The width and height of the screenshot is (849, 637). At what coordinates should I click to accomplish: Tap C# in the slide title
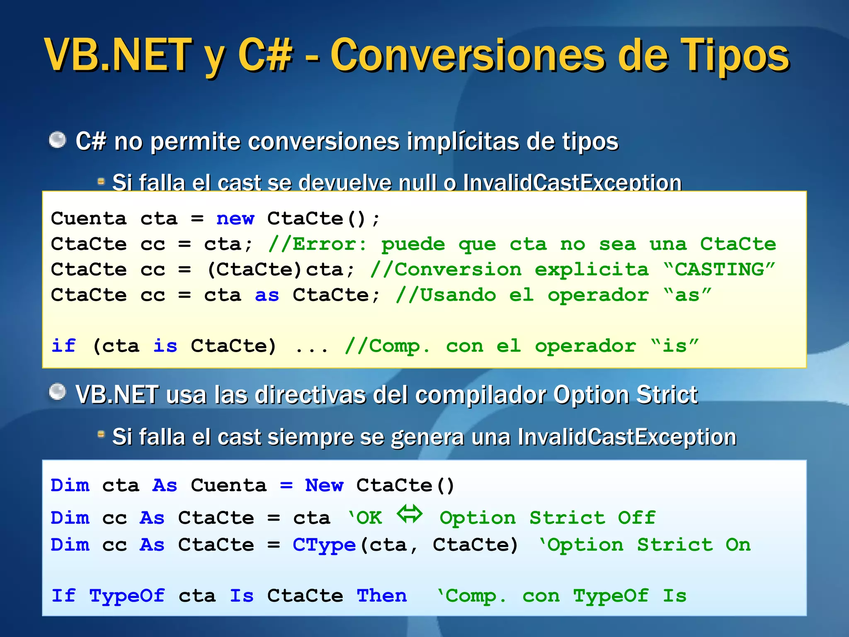[265, 55]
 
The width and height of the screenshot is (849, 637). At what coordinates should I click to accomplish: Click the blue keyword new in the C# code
[235, 219]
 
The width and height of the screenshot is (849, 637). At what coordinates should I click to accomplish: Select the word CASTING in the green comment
[719, 270]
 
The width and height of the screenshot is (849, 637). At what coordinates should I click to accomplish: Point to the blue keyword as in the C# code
[267, 295]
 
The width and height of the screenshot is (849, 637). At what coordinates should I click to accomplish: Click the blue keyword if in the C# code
[63, 346]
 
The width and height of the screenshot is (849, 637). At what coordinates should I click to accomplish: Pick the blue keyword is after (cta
[165, 346]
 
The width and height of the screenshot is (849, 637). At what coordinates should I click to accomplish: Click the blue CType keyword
[324, 545]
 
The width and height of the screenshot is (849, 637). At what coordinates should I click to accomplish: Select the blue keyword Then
[381, 596]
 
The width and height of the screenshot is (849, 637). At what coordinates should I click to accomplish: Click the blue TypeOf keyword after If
[127, 596]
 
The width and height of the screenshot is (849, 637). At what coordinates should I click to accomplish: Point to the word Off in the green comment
[637, 518]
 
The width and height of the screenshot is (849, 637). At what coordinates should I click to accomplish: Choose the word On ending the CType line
[738, 545]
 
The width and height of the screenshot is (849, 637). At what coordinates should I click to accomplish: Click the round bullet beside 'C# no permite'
[58, 140]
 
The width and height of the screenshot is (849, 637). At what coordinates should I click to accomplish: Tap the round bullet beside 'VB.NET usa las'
[58, 392]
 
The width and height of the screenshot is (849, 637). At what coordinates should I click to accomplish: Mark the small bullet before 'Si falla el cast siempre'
[101, 434]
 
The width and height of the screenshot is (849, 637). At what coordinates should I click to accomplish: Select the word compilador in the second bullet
[480, 394]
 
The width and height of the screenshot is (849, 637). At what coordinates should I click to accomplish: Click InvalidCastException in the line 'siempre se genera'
[626, 437]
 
